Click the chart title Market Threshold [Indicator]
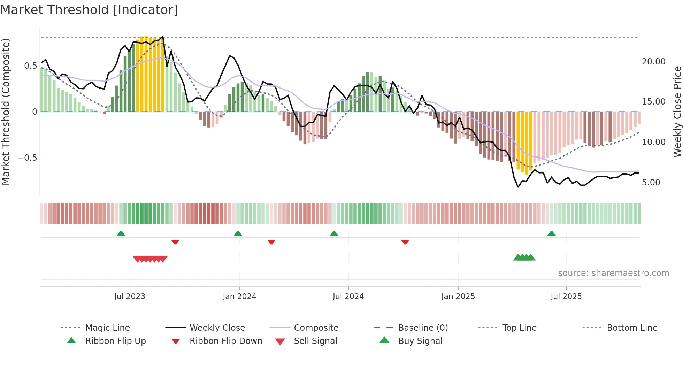point(89,10)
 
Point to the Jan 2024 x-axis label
point(239,296)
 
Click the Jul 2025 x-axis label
point(566,296)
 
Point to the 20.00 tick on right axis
point(653,61)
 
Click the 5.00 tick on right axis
point(651,182)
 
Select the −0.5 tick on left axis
point(27,158)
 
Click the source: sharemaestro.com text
point(613,273)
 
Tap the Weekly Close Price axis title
point(677,112)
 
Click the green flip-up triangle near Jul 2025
point(551,233)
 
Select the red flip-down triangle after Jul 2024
point(405,242)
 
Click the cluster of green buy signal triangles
point(524,258)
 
